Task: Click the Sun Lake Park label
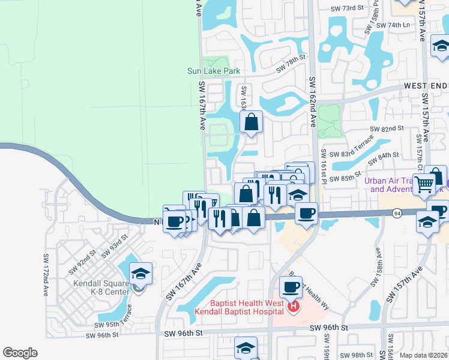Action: tap(214, 71)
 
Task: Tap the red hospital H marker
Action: tap(294, 307)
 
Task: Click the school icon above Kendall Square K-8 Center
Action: tap(140, 274)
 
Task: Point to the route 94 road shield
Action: tap(397, 212)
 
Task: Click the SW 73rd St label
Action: tap(348, 8)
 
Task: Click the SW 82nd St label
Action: tap(387, 129)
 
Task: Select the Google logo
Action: tap(20, 353)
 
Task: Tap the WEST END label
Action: tap(425, 86)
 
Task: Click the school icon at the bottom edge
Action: tap(246, 348)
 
